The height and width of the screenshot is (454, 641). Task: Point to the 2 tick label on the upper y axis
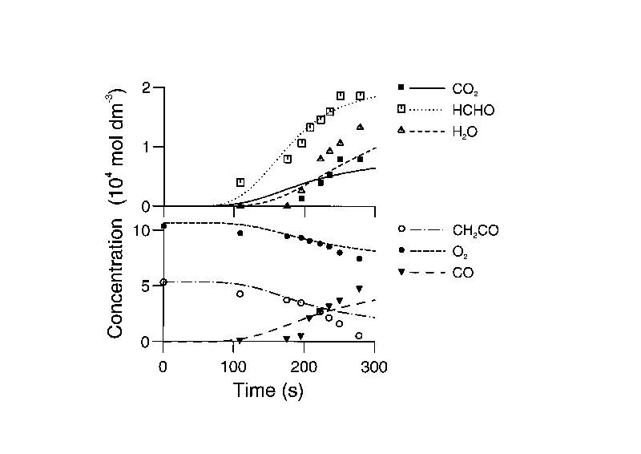coord(147,87)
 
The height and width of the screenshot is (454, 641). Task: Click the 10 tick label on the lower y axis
coord(142,231)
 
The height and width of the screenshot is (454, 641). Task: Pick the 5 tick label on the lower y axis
coord(147,286)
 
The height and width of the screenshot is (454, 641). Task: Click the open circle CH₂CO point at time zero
coord(163,282)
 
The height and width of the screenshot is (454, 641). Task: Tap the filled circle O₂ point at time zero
coord(163,226)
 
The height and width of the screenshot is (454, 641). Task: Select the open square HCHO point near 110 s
coord(240,183)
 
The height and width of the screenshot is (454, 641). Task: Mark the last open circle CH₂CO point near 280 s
coord(359,335)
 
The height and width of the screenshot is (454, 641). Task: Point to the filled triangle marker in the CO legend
coord(403,273)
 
